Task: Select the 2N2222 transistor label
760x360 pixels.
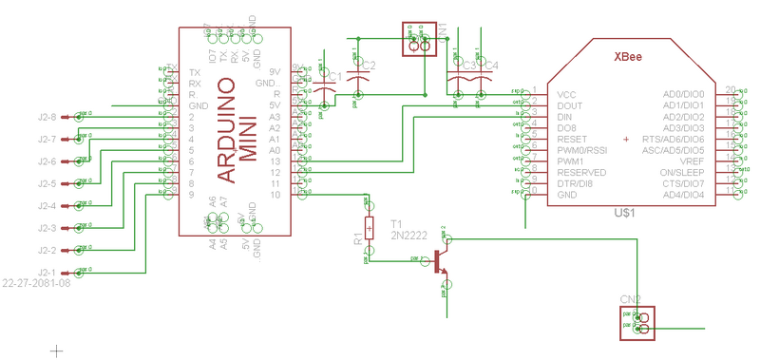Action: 409,234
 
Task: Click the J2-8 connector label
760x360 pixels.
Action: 47,118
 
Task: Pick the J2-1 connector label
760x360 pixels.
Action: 47,273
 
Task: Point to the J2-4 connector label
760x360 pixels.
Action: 47,206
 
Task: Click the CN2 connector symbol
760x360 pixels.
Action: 644,324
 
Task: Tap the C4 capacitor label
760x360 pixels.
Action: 490,66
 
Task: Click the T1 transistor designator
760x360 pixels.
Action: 396,222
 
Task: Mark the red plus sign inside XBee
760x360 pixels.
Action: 626,140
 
